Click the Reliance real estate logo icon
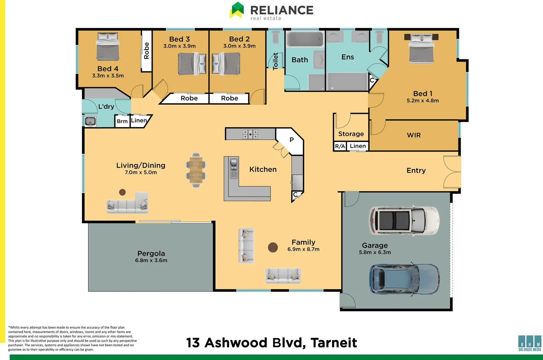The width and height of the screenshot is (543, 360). [x=237, y=10]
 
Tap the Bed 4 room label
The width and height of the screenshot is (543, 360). [x=108, y=69]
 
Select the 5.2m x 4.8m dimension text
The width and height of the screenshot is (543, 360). [x=423, y=101]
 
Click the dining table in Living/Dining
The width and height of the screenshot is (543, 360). [x=196, y=170]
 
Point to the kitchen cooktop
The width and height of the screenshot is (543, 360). [x=250, y=134]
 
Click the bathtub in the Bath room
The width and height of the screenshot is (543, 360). [x=305, y=39]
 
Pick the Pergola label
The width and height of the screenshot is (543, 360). [x=151, y=253]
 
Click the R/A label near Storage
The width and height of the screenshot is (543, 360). [x=340, y=146]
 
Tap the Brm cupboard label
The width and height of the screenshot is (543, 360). [x=122, y=121]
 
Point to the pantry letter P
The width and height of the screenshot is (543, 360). [x=292, y=140]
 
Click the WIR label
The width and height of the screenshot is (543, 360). [x=414, y=135]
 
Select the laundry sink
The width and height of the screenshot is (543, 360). [x=90, y=121]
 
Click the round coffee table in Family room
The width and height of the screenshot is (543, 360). [x=273, y=247]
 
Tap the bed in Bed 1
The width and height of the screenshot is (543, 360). [x=421, y=48]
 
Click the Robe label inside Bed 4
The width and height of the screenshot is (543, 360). [x=146, y=51]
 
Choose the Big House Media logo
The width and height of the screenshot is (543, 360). [x=530, y=343]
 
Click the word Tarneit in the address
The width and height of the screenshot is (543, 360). [x=334, y=343]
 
